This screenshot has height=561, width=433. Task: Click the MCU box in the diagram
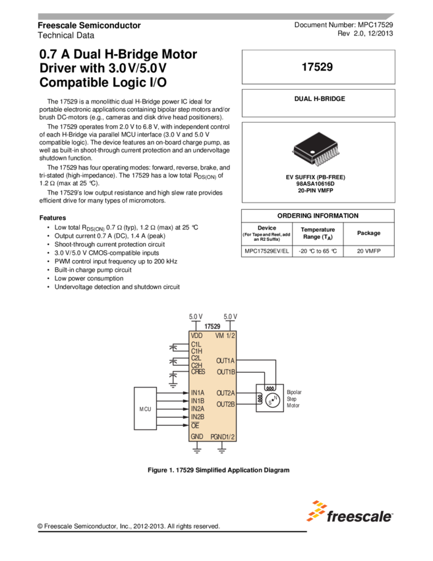click(145, 409)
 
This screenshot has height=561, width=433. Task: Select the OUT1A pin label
click(225, 361)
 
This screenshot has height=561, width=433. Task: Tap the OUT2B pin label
click(225, 404)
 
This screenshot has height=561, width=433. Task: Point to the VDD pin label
click(197, 336)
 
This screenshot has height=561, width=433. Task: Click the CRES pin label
click(198, 372)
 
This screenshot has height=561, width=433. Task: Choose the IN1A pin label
click(198, 393)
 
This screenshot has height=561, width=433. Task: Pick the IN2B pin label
click(198, 417)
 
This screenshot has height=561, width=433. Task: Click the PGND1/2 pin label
click(222, 437)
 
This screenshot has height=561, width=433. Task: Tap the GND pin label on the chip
click(197, 437)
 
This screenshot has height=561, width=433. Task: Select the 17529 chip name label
click(212, 327)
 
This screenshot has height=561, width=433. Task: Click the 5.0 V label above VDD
click(196, 317)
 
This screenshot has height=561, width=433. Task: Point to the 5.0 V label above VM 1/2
click(231, 317)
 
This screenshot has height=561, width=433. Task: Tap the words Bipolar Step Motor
click(293, 399)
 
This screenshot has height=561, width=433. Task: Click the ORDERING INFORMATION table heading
click(318, 216)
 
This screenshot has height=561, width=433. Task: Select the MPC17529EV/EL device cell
click(267, 251)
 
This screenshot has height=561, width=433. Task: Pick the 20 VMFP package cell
click(368, 251)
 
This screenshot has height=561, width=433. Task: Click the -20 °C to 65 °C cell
click(318, 251)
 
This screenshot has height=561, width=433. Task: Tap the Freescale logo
click(349, 511)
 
